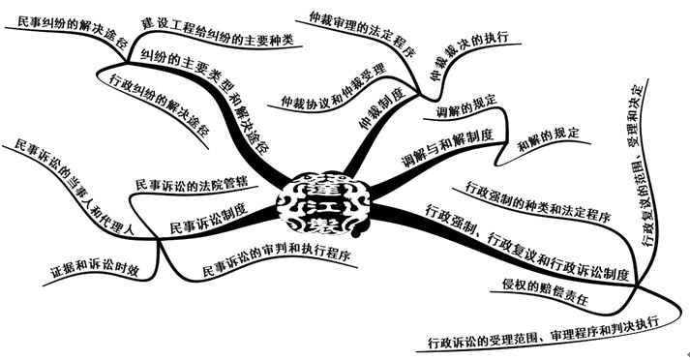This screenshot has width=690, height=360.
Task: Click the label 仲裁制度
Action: point(378,108)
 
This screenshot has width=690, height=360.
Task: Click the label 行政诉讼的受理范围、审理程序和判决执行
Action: point(548,332)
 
